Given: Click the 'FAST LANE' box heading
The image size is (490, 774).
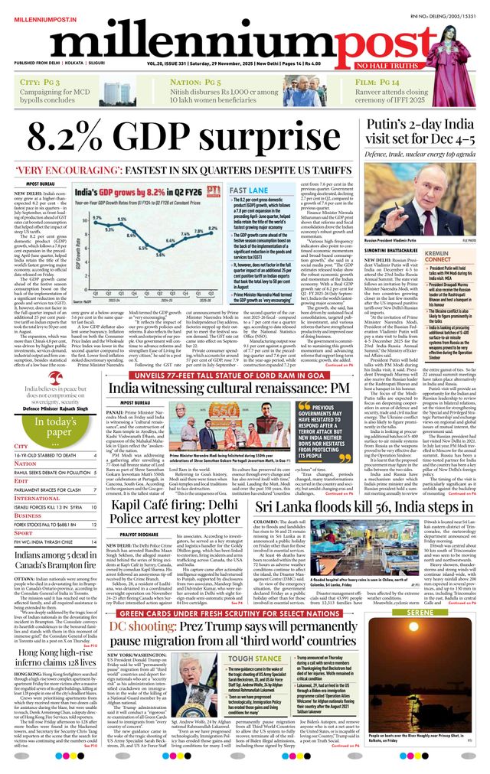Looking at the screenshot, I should [248, 189].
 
